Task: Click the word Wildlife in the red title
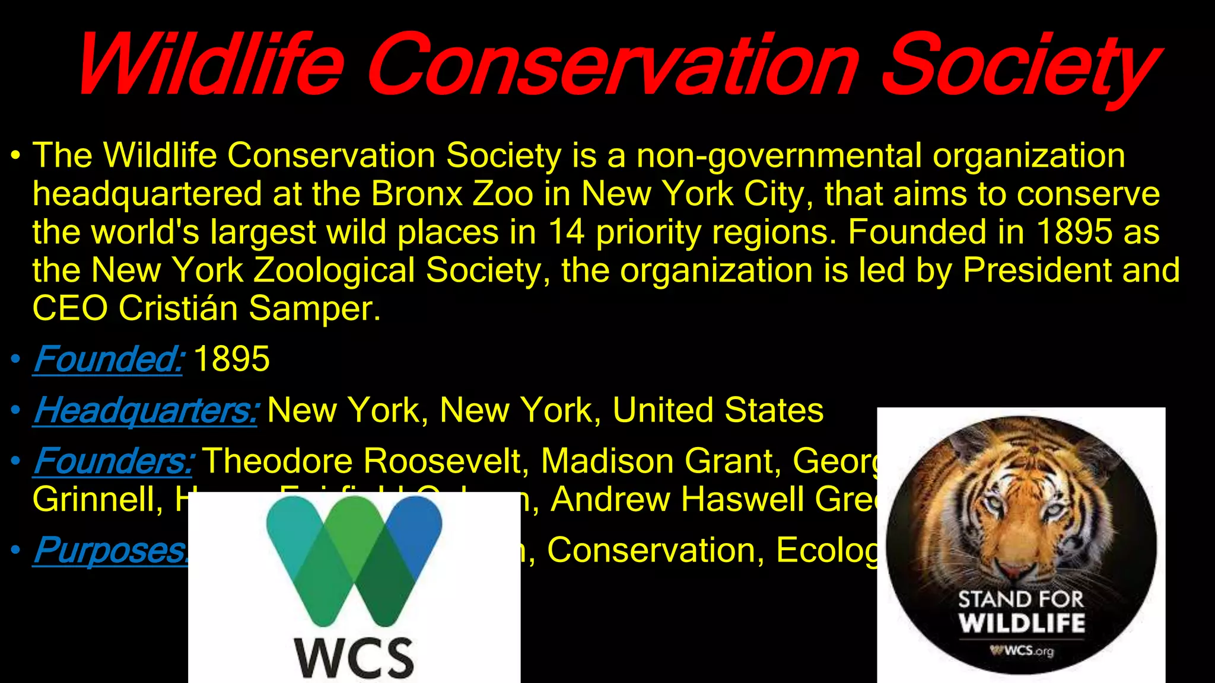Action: pyautogui.click(x=211, y=64)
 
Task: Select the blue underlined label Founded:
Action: pyautogui.click(x=109, y=359)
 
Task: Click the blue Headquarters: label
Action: pyautogui.click(x=145, y=410)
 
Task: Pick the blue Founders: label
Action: pyautogui.click(x=113, y=461)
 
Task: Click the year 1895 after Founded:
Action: pyautogui.click(x=231, y=359)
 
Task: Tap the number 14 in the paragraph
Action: pyautogui.click(x=566, y=232)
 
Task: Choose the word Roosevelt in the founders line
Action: pyautogui.click(x=445, y=461)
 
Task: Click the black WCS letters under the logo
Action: pyautogui.click(x=354, y=658)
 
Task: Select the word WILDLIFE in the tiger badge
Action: pyautogui.click(x=1022, y=624)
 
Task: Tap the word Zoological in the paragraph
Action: pyautogui.click(x=335, y=270)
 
